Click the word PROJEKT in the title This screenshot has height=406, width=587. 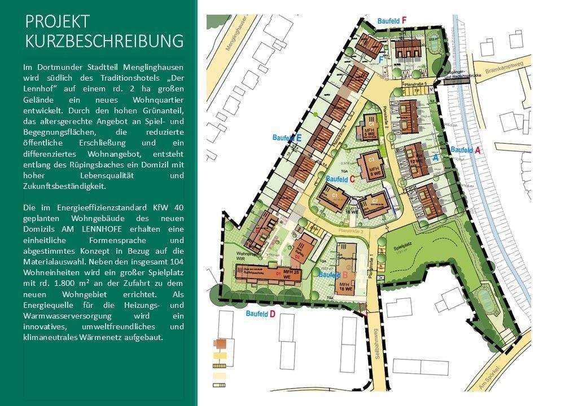coord(58,21)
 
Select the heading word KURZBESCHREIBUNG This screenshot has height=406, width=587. coord(104,42)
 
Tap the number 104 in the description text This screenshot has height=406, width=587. coord(176,263)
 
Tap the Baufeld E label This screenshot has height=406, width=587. coord(287,138)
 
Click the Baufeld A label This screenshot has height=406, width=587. coord(466,150)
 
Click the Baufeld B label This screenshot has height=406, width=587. coord(332,275)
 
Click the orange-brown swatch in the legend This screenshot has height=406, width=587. coord(220,343)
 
